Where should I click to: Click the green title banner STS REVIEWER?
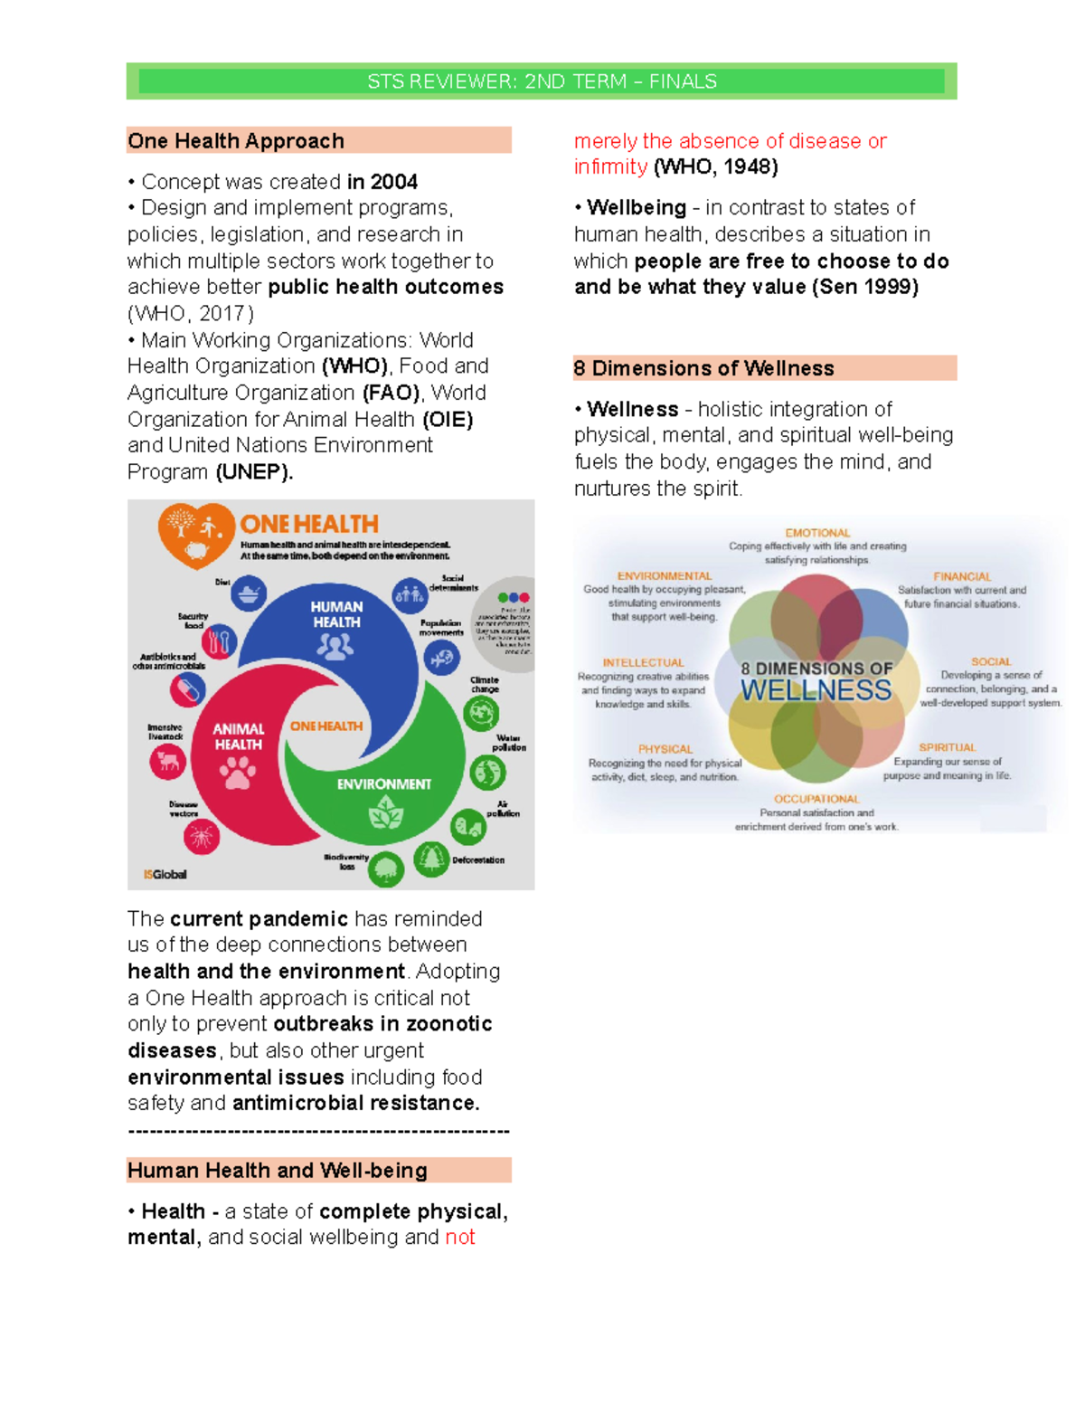(542, 81)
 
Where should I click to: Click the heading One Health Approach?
(236, 141)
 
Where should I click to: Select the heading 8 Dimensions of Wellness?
(703, 368)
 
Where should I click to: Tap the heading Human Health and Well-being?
(277, 1170)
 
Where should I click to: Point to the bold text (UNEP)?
(254, 471)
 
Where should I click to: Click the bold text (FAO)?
(392, 393)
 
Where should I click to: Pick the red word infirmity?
(610, 166)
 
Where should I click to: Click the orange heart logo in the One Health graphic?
(196, 534)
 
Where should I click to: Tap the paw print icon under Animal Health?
(238, 772)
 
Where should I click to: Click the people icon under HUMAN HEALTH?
(335, 646)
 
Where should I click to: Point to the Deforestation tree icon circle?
(431, 857)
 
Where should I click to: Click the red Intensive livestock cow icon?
(168, 761)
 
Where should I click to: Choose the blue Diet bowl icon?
(248, 593)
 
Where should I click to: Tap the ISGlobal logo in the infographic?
(165, 874)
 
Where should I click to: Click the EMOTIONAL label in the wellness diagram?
(817, 533)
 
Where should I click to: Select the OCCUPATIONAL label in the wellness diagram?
(816, 799)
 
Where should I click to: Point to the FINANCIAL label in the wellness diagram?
(962, 576)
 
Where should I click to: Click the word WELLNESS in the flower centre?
(816, 690)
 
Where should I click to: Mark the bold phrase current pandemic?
(259, 918)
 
